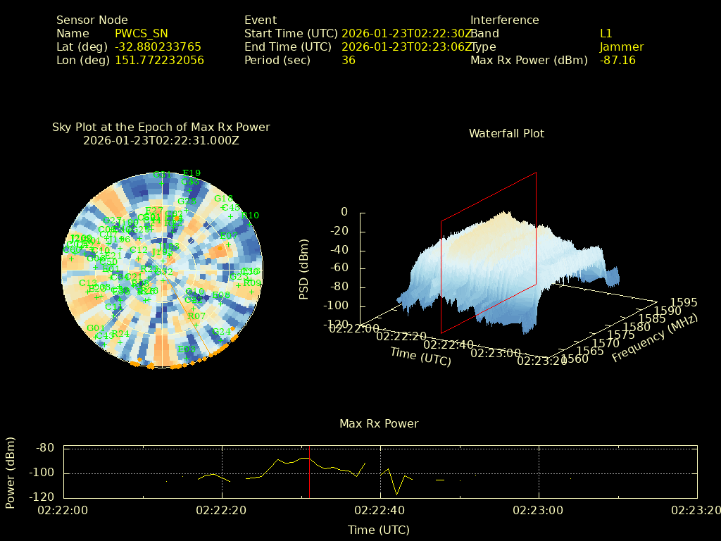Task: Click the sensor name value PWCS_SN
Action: (x=141, y=34)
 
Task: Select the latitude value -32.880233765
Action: (x=158, y=47)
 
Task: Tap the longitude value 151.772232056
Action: (x=159, y=61)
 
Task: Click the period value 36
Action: (x=348, y=61)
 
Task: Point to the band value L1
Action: (x=606, y=34)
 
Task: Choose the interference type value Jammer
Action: (x=621, y=47)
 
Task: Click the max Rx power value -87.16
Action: (x=617, y=61)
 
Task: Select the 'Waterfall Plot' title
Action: (x=506, y=134)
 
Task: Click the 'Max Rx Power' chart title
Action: (x=379, y=424)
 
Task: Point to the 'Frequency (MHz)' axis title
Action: (x=654, y=337)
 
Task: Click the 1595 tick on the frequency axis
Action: (x=684, y=302)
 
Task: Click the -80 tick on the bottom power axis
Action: (x=45, y=448)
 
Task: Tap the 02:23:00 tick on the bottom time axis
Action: (x=538, y=509)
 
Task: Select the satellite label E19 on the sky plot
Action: (x=192, y=173)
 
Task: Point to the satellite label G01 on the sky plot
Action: (x=96, y=328)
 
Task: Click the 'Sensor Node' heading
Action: (x=92, y=20)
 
